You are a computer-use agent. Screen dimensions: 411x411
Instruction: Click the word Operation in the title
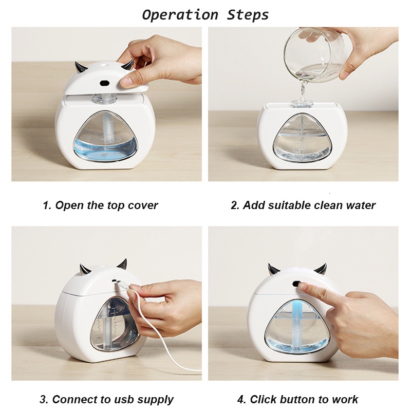pyautogui.click(x=180, y=15)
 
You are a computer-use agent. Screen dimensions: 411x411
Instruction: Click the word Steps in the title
pyautogui.click(x=248, y=15)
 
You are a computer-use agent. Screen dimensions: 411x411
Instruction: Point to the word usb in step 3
pyautogui.click(x=124, y=400)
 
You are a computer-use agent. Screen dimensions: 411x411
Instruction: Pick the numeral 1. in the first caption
pyautogui.click(x=47, y=205)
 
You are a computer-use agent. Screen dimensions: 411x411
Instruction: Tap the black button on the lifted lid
pyautogui.click(x=105, y=83)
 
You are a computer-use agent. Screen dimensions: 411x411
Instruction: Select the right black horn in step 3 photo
pyautogui.click(x=123, y=264)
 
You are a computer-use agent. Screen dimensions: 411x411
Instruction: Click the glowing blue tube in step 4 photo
pyautogui.click(x=297, y=326)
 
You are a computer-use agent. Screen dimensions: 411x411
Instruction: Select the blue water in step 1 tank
pyautogui.click(x=105, y=150)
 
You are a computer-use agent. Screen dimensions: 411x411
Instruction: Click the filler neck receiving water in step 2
pyautogui.click(x=302, y=103)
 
